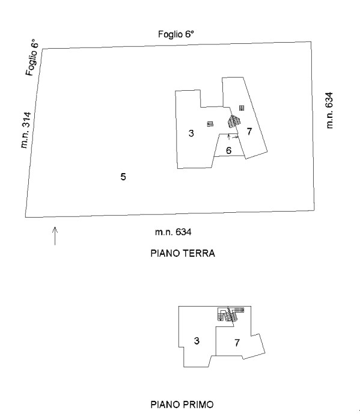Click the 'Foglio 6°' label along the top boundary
pyautogui.click(x=176, y=34)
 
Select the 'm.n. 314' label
pyautogui.click(x=26, y=130)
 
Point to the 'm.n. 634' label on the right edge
pyautogui.click(x=329, y=110)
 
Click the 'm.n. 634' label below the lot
pyautogui.click(x=173, y=232)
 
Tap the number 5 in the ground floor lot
pyautogui.click(x=123, y=177)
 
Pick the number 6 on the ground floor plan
pyautogui.click(x=228, y=151)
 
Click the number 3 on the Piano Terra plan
pyautogui.click(x=191, y=133)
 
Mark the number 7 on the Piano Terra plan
pyautogui.click(x=249, y=131)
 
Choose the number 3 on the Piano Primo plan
pyautogui.click(x=197, y=341)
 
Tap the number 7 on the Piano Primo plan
pyautogui.click(x=237, y=343)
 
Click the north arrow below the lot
pyautogui.click(x=55, y=236)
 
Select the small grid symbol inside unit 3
pyautogui.click(x=210, y=124)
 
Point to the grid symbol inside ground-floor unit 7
pyautogui.click(x=242, y=108)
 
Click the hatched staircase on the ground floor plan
pyautogui.click(x=233, y=122)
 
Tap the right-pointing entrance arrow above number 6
pyautogui.click(x=235, y=137)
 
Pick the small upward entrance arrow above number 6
pyautogui.click(x=229, y=137)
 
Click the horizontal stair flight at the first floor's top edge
pyautogui.click(x=239, y=310)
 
